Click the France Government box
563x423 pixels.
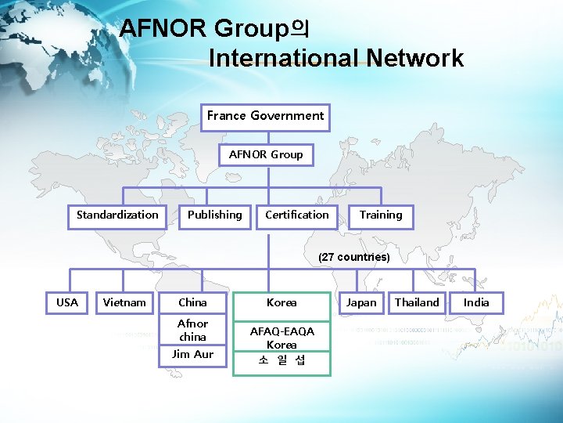click(x=265, y=116)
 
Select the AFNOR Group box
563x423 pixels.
click(x=266, y=154)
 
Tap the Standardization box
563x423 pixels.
click(x=117, y=215)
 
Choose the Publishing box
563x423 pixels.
click(x=215, y=215)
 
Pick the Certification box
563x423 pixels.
click(x=297, y=215)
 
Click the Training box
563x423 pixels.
click(x=381, y=215)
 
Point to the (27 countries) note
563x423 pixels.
click(x=353, y=257)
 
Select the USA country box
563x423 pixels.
click(x=67, y=302)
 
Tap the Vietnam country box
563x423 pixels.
click(x=124, y=302)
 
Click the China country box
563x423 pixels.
click(x=192, y=302)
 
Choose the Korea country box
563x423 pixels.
click(x=281, y=302)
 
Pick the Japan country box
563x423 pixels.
click(x=361, y=302)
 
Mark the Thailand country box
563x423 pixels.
click(x=417, y=302)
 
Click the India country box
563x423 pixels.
click(x=476, y=302)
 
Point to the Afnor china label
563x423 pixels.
click(x=192, y=330)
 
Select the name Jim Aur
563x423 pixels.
click(x=192, y=354)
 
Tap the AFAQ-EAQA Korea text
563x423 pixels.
click(x=281, y=338)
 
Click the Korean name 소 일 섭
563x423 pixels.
click(x=281, y=360)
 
